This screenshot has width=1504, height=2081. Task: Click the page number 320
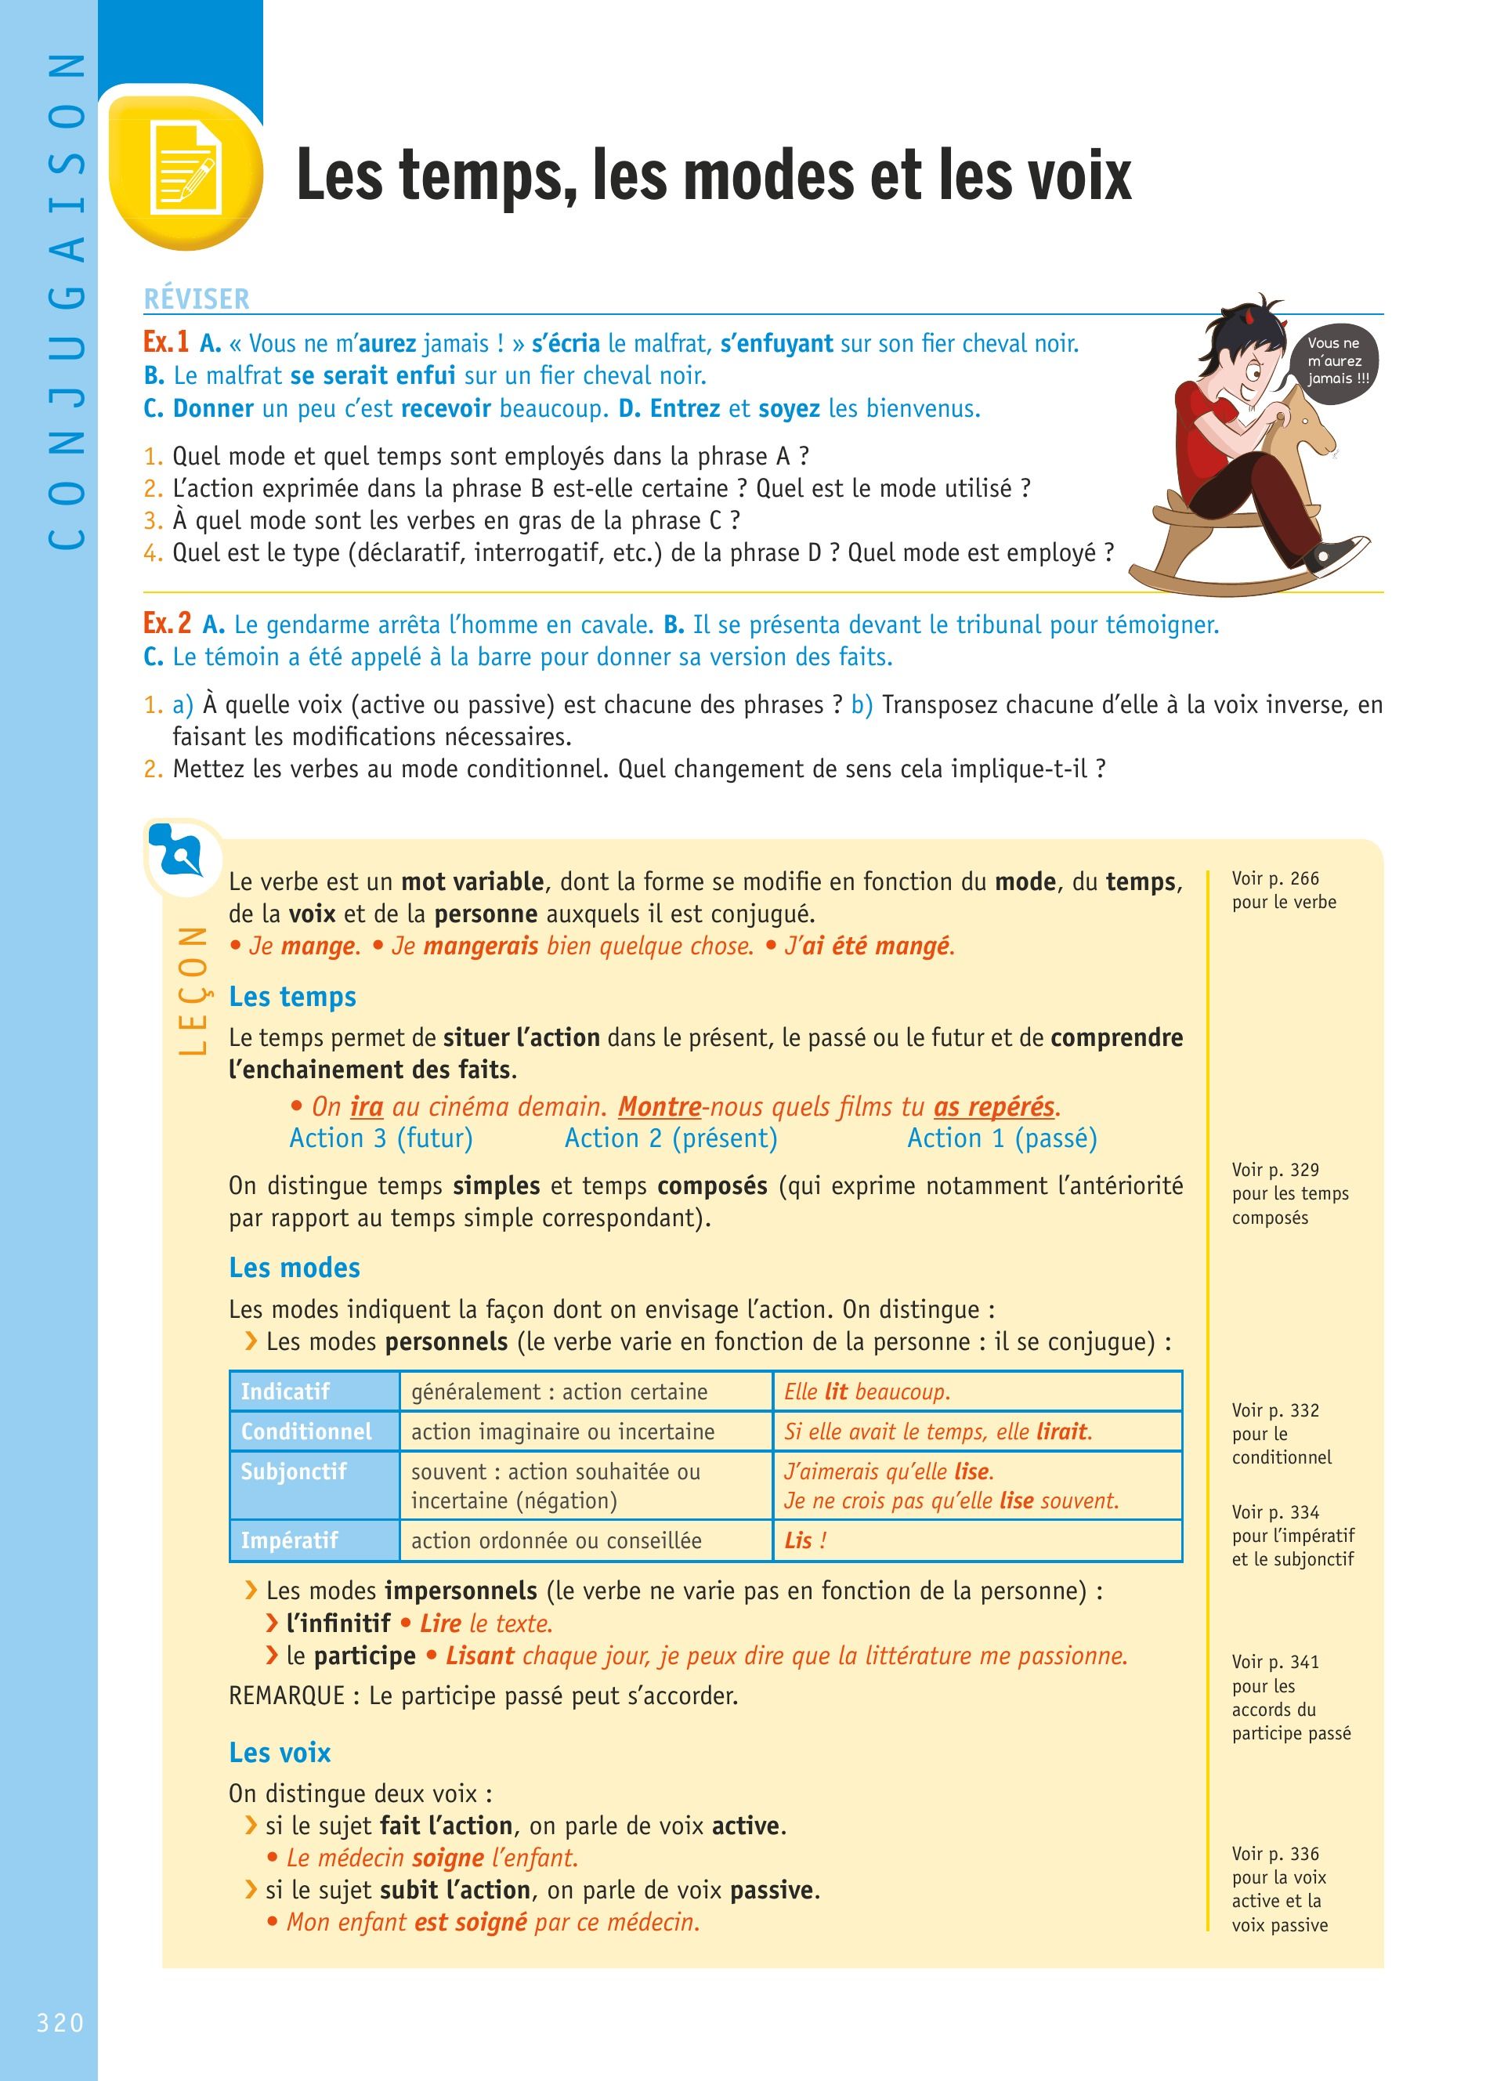(60, 2022)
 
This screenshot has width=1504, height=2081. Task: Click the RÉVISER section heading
(197, 299)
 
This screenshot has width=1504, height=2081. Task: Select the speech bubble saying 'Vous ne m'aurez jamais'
(1337, 360)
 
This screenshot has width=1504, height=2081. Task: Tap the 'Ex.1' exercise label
(166, 342)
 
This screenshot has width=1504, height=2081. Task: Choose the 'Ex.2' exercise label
(167, 623)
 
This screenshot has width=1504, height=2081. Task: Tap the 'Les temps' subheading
(292, 997)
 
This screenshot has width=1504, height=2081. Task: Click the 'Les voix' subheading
(280, 1753)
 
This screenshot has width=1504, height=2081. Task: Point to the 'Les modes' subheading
(295, 1268)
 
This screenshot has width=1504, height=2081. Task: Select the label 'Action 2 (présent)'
(671, 1138)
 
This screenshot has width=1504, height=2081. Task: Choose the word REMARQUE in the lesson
(286, 1696)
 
